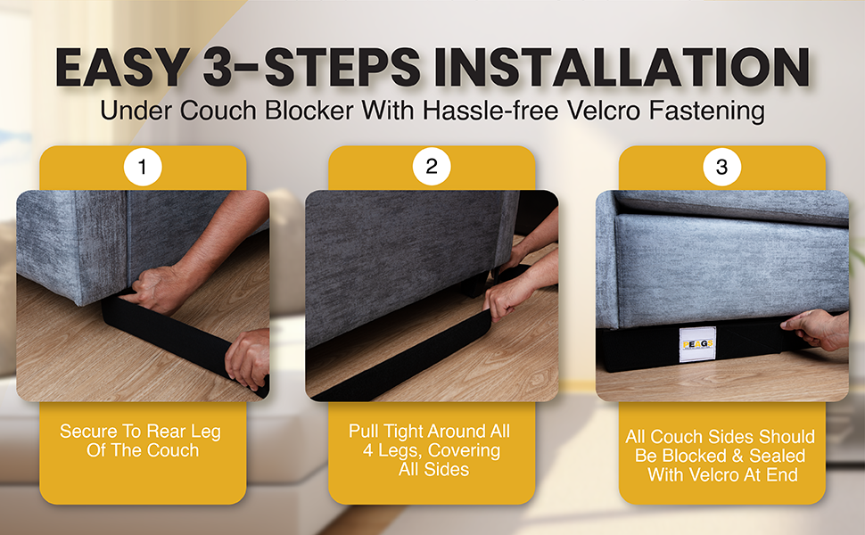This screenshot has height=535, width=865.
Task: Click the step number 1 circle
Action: tap(143, 167)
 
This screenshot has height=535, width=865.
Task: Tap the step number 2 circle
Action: tap(432, 167)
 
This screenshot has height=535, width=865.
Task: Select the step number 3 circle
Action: tap(721, 167)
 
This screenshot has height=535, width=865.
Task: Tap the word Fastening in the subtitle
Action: tap(706, 111)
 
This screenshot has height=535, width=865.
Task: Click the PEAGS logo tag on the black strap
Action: tap(697, 344)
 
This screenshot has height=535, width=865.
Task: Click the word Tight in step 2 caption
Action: tap(403, 432)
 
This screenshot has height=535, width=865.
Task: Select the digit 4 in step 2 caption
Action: tap(368, 450)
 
